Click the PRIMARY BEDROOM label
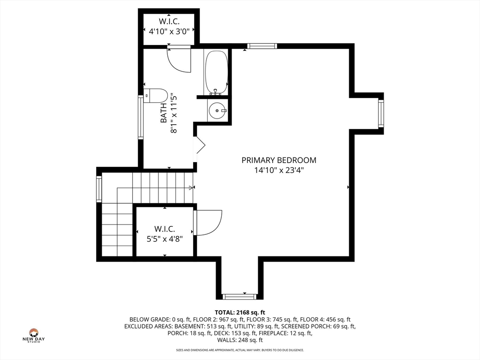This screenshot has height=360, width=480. [279, 160]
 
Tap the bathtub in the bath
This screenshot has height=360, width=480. [217, 72]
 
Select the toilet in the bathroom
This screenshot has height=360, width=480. [156, 95]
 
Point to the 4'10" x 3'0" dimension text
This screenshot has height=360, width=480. [169, 31]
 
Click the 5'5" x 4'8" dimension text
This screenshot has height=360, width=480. [165, 239]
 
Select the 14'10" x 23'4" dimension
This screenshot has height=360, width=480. [279, 170]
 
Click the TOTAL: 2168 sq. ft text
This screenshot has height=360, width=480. [240, 313]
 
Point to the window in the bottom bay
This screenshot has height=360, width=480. [239, 297]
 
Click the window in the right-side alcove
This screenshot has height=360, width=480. [381, 113]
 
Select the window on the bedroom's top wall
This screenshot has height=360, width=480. [262, 46]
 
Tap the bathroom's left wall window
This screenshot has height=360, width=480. [141, 117]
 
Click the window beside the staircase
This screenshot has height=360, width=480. [99, 189]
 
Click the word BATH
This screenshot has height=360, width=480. [164, 113]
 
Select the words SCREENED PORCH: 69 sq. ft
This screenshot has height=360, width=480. [318, 326]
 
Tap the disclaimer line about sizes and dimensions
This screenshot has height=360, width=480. [240, 350]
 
